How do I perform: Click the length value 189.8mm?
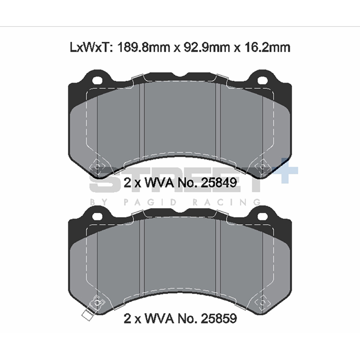pos(144,47)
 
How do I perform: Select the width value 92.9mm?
pos(207,47)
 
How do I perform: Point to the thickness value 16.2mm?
pos(267,47)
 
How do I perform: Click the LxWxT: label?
pos(91,47)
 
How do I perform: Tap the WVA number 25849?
pos(219,183)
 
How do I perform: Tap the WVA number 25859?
pos(219,318)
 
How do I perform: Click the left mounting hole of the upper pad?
pos(97,80)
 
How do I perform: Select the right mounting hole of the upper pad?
pos(262,80)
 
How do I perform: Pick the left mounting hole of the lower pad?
pos(97,216)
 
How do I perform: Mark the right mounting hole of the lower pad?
pos(262,216)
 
